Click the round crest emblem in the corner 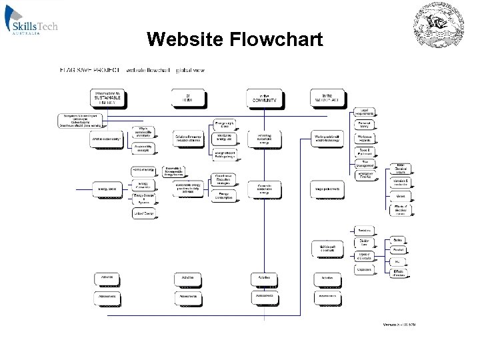[x=439, y=27]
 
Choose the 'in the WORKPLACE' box [x=327, y=99]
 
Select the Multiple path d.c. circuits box [x=327, y=248]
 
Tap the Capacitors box [x=364, y=270]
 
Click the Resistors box [x=364, y=231]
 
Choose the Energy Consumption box [x=225, y=195]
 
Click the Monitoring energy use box [x=225, y=137]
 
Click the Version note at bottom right [x=400, y=325]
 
